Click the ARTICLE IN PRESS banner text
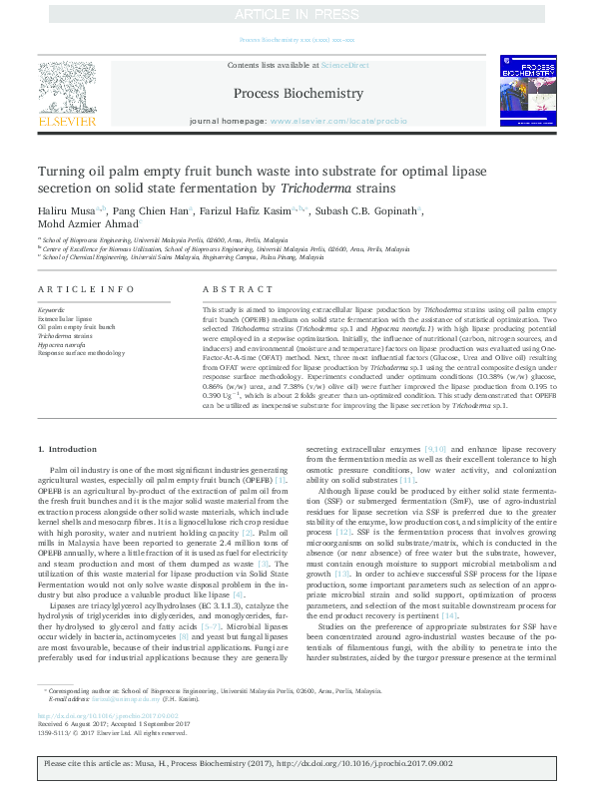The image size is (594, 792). click(x=297, y=15)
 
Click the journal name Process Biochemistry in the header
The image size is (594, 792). click(x=297, y=93)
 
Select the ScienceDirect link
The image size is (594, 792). click(x=346, y=65)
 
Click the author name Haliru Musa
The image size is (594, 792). click(x=65, y=211)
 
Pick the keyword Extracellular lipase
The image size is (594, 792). click(x=63, y=318)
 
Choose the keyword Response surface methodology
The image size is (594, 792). click(x=77, y=353)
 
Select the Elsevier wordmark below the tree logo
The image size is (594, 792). click(x=67, y=121)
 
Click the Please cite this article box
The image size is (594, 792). click(x=297, y=763)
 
